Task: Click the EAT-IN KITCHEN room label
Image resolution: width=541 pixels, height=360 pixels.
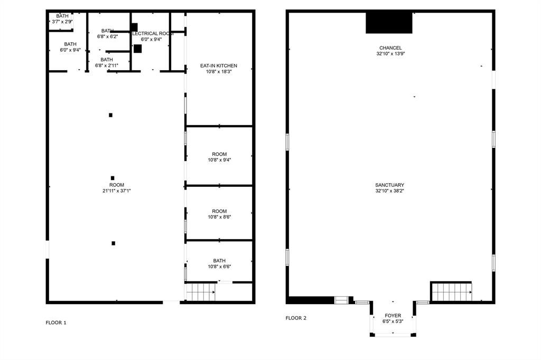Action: coord(219,65)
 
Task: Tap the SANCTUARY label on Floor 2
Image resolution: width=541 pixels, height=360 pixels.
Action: coord(390,185)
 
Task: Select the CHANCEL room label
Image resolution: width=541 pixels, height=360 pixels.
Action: coord(390,48)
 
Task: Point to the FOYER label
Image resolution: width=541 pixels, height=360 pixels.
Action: coord(393,316)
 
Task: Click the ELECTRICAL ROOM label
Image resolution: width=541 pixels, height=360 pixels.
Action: coord(151,33)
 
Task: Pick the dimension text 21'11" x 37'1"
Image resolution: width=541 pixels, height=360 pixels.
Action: coord(117,191)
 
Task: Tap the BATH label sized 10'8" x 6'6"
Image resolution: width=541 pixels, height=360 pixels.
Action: coord(219,261)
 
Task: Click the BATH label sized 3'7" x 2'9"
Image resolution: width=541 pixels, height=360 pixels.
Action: coord(62,16)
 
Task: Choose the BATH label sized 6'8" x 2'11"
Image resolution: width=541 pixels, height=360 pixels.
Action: coord(107,60)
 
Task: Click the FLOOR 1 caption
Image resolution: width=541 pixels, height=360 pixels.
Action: coord(56,323)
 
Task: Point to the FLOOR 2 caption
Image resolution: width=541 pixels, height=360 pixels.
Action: coord(296,318)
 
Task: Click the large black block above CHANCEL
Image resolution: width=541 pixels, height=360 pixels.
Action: coord(389,23)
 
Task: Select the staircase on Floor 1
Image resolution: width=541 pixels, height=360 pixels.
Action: coord(201,291)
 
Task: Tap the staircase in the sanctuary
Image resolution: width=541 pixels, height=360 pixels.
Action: coord(451,291)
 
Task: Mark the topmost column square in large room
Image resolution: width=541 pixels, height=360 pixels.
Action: coord(110,115)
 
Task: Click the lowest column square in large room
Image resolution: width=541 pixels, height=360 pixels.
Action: coord(113,243)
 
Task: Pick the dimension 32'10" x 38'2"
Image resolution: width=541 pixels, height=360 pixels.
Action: coord(390,191)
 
